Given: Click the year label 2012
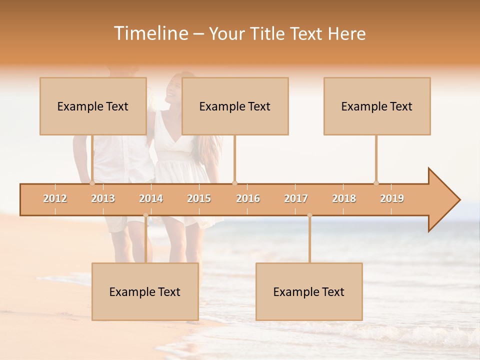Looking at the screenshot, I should (x=55, y=198).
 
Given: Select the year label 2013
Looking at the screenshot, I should (x=103, y=198).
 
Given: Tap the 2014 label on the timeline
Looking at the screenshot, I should (x=151, y=198).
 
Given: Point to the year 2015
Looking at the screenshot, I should (x=199, y=198).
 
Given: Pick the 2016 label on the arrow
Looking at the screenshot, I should (x=248, y=198).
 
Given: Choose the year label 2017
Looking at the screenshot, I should (x=296, y=198).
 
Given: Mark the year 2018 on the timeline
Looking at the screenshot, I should (x=344, y=198).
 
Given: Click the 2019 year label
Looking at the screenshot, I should (x=392, y=198).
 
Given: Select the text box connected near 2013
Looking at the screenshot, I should (x=93, y=106).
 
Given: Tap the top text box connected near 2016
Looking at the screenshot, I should (x=235, y=106).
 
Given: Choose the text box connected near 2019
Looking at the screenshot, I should (x=377, y=106).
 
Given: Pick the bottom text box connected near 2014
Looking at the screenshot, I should (x=145, y=291).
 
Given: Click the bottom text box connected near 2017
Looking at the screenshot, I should (x=309, y=291).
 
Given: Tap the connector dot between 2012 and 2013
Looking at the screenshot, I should (x=92, y=183).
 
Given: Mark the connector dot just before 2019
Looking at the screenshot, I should (x=376, y=183).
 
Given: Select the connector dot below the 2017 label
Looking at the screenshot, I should (x=309, y=215).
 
